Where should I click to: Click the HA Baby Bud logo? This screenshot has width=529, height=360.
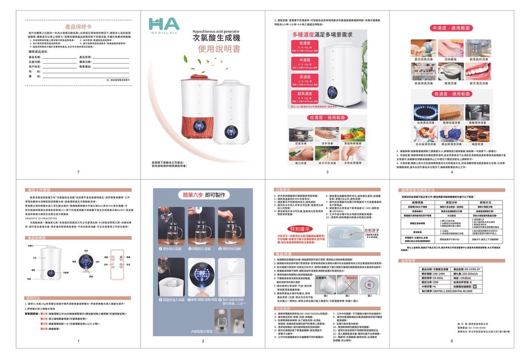click(164, 26)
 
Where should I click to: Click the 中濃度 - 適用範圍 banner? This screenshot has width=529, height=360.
click(451, 27)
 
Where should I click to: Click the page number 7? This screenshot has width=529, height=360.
click(78, 172)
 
